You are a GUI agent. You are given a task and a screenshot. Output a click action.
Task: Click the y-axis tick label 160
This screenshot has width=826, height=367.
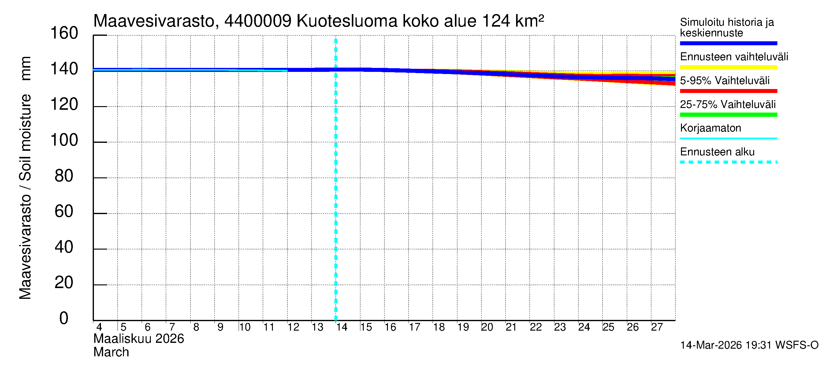click(64, 33)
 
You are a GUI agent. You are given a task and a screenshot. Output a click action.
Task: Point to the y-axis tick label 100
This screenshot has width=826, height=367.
click(64, 140)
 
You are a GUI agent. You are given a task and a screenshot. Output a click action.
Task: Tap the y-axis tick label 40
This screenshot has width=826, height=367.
click(64, 247)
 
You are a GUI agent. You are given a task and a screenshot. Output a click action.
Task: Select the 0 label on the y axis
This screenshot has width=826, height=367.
click(64, 319)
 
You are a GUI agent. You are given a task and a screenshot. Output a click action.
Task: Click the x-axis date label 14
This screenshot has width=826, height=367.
click(341, 327)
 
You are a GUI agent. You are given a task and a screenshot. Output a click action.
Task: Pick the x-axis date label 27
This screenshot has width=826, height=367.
click(657, 327)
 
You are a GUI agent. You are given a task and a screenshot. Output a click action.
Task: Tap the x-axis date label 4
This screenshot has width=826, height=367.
click(99, 327)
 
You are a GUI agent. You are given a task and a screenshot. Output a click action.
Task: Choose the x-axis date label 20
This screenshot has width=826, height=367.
click(487, 327)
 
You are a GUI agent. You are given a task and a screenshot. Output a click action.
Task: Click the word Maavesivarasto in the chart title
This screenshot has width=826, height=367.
click(154, 21)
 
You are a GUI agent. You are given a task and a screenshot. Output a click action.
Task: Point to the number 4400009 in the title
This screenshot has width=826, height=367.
click(258, 21)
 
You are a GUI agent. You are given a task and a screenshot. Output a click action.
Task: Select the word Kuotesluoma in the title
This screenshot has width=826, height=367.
click(347, 21)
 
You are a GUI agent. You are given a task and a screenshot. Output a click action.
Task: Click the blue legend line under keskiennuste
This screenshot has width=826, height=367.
click(728, 43)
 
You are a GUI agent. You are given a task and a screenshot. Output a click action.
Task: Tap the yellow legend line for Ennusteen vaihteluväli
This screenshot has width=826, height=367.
click(728, 67)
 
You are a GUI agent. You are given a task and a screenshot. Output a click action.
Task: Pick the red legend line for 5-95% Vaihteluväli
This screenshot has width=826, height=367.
click(728, 91)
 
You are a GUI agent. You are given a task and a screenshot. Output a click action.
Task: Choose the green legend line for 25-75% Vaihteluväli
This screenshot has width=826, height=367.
click(728, 115)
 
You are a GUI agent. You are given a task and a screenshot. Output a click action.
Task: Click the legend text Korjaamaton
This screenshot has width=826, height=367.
click(710, 128)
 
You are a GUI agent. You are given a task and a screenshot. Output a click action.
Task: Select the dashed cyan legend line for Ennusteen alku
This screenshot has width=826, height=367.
click(728, 162)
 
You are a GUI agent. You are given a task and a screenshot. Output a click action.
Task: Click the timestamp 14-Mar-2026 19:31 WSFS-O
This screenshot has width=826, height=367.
click(749, 345)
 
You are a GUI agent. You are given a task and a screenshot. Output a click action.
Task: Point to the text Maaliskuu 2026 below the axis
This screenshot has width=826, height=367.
click(139, 339)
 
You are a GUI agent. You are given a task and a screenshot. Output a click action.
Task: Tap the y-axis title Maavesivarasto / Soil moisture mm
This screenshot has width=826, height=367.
click(25, 178)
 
